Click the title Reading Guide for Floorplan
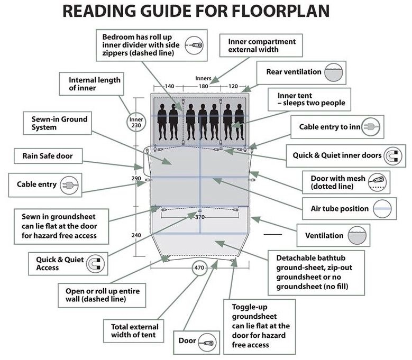tap(206, 12)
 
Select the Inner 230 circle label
tap(136, 123)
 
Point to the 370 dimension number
tap(199, 217)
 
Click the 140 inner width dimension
tap(169, 86)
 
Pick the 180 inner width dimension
tap(203, 86)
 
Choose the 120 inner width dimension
tap(233, 86)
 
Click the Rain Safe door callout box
tap(48, 156)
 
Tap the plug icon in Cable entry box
tap(68, 185)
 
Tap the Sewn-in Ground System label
tap(51, 123)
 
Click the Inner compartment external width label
tap(262, 45)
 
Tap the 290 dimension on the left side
tap(136, 179)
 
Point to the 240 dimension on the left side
tap(136, 235)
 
